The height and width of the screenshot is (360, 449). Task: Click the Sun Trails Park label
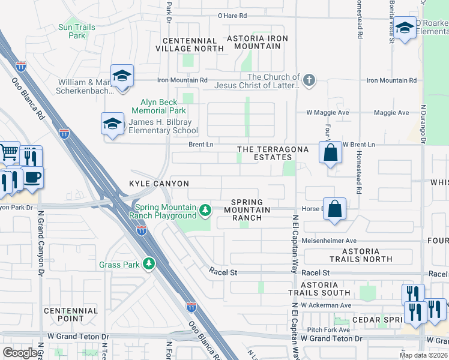coord(73,31)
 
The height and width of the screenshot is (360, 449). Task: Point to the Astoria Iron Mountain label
coord(257,42)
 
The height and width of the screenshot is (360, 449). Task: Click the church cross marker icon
coord(309,81)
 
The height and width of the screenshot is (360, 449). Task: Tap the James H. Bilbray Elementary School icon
coord(112,124)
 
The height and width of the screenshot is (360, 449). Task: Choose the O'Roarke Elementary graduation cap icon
coord(405,28)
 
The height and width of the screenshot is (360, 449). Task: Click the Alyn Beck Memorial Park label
coord(163,106)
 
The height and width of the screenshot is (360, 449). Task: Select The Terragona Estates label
coord(273,153)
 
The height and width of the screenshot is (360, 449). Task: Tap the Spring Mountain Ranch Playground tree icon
coord(205,210)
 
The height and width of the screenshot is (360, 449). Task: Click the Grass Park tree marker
coord(148,263)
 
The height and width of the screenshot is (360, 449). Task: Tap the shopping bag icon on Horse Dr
coord(335,209)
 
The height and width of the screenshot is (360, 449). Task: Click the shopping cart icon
coord(8,153)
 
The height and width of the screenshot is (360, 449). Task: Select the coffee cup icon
coord(32,177)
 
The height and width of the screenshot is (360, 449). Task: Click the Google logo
coord(20,353)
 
